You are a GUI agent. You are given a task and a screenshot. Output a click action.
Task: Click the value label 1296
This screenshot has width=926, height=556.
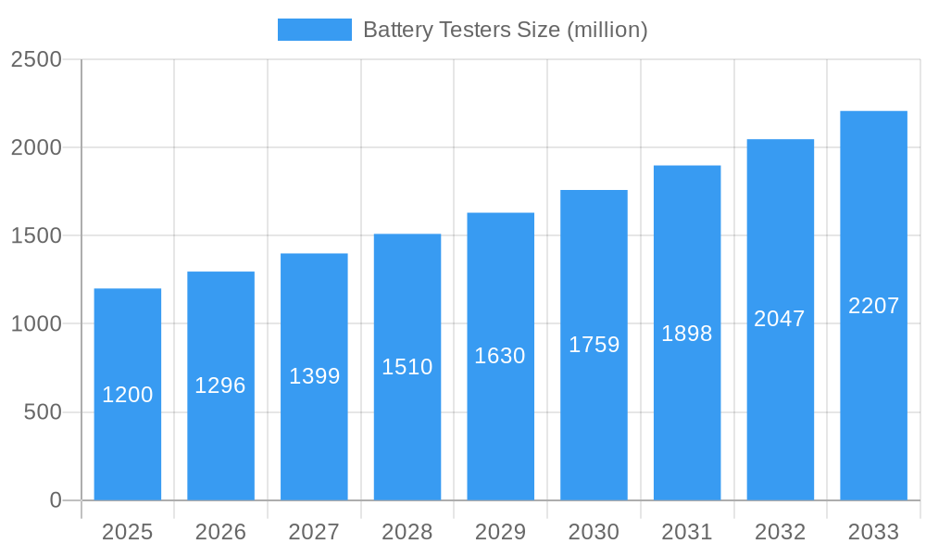(220, 385)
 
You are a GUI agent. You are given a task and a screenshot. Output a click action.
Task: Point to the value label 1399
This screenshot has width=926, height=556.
(314, 376)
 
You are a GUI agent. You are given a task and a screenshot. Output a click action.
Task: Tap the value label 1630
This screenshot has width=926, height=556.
(500, 356)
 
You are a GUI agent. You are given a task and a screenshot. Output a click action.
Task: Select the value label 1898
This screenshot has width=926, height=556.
(687, 334)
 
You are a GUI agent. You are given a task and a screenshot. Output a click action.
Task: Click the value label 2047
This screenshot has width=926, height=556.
(780, 319)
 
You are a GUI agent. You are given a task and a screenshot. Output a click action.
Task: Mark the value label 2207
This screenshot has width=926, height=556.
(873, 306)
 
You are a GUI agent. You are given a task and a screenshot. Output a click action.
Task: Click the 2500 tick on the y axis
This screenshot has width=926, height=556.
(36, 59)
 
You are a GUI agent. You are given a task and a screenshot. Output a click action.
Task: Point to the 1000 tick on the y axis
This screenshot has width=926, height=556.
(36, 324)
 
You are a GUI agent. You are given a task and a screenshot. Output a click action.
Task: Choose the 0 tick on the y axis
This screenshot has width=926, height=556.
(55, 500)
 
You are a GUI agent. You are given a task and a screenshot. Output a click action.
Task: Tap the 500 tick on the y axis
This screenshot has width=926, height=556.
(43, 412)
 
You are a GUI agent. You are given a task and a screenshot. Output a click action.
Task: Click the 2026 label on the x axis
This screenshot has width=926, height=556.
(220, 532)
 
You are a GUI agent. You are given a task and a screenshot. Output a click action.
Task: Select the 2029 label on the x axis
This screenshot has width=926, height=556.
(500, 532)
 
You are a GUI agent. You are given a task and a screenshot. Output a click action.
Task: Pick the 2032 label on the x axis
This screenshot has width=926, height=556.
(780, 532)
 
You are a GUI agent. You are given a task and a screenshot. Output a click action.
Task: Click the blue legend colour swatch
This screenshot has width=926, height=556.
(315, 30)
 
